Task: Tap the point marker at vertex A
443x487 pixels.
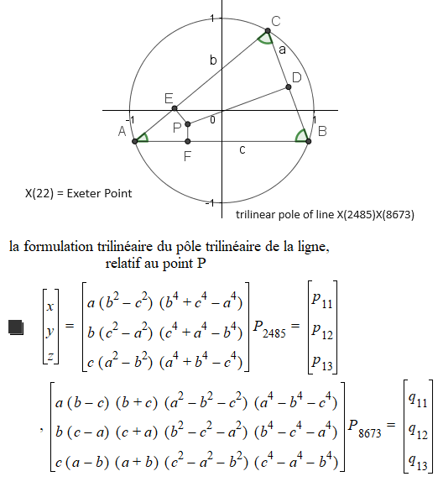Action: click(x=135, y=140)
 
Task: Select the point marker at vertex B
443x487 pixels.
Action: click(x=308, y=140)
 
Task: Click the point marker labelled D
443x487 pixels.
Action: click(x=289, y=86)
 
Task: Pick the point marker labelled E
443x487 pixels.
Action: click(x=175, y=108)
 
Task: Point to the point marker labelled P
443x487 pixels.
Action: click(x=187, y=123)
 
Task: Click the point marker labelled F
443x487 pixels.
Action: click(x=187, y=140)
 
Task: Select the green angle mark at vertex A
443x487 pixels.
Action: click(x=143, y=137)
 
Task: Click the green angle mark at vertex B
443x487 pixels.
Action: click(x=301, y=136)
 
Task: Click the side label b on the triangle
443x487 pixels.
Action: click(x=213, y=60)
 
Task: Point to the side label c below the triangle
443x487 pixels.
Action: click(x=242, y=149)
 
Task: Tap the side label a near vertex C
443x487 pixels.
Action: click(x=282, y=50)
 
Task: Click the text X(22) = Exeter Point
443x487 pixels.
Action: click(x=78, y=193)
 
